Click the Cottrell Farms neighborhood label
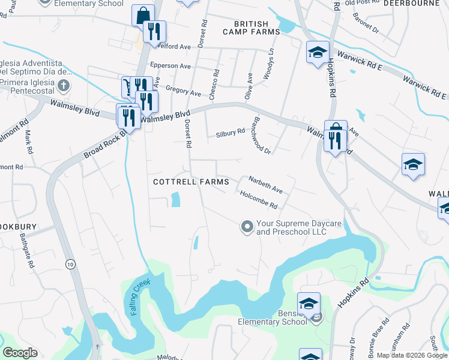[x=191, y=182]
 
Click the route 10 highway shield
[x=71, y=264]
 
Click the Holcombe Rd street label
[x=258, y=200]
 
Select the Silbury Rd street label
[x=231, y=133]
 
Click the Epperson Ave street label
[x=170, y=65]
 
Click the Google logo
[x=20, y=353]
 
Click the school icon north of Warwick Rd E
[x=317, y=52]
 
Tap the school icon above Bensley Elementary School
[x=309, y=304]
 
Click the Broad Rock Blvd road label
[x=106, y=145]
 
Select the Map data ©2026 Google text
[x=412, y=355]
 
